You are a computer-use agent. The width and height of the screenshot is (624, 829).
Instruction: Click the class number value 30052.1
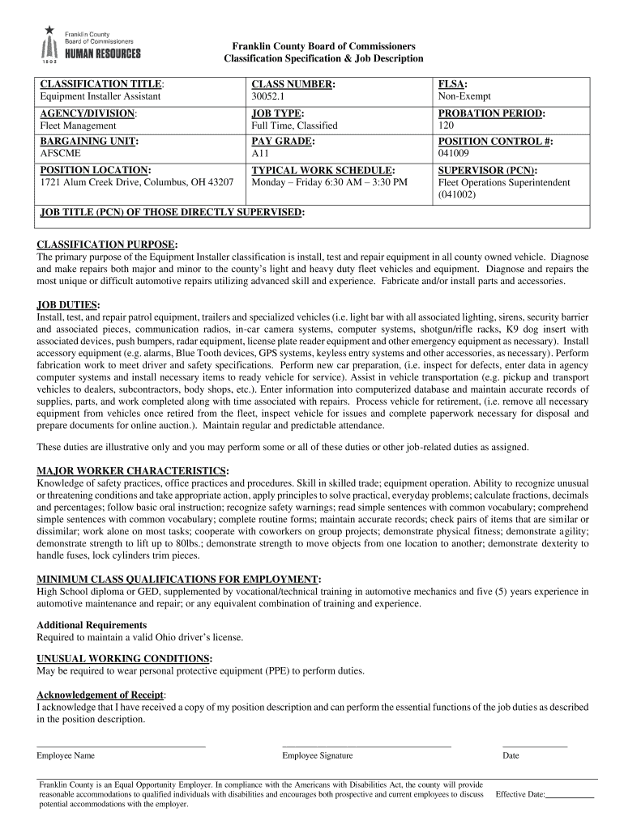[x=269, y=96]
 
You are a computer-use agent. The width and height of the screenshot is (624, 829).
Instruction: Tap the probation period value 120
[x=447, y=126]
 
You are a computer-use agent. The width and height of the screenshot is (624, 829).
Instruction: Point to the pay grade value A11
[x=260, y=153]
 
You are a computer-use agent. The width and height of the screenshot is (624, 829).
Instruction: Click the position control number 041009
[x=454, y=153]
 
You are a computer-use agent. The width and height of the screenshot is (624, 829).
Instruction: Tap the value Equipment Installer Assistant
[x=100, y=96]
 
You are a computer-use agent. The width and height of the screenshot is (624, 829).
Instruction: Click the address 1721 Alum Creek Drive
[x=137, y=183]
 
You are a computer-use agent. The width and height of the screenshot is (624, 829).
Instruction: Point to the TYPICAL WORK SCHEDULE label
[x=323, y=171]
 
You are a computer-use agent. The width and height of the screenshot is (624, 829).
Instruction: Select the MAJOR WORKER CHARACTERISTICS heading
[x=133, y=470]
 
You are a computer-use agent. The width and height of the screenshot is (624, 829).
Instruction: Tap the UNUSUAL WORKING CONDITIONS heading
[x=125, y=658]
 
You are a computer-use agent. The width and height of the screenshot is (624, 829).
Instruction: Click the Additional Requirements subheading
[x=92, y=625]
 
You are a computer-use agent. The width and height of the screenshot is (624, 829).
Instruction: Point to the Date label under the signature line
[x=511, y=755]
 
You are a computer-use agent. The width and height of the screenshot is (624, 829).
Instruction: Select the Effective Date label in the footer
[x=519, y=795]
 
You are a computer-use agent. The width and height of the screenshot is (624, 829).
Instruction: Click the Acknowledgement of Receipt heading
[x=100, y=695]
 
